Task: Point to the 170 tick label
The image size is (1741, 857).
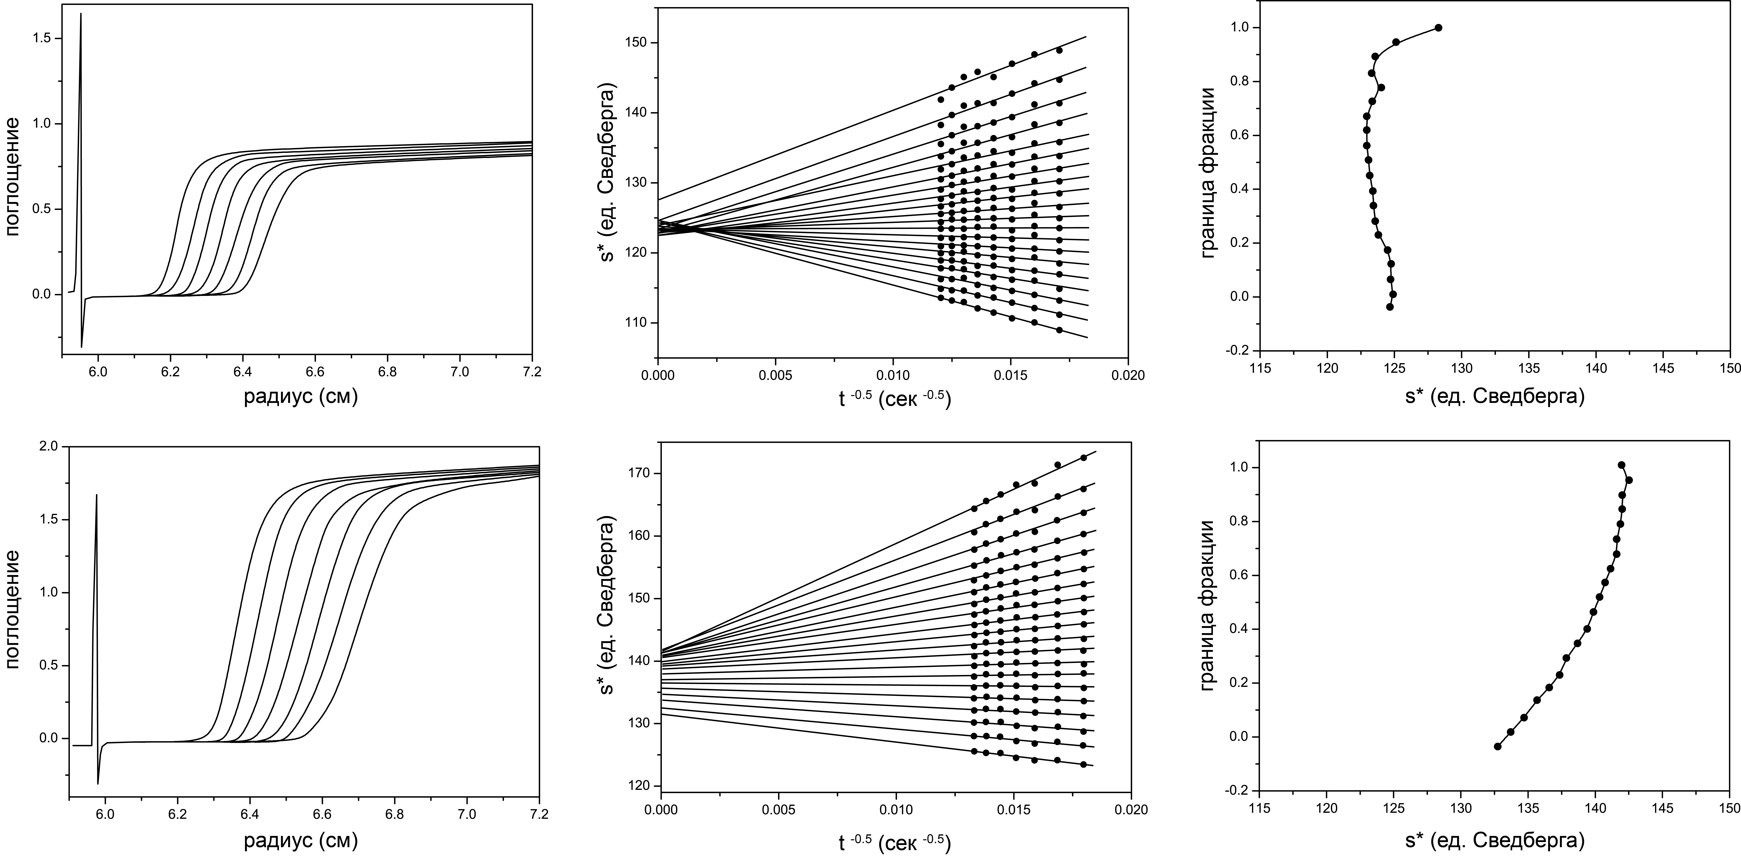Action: (637, 474)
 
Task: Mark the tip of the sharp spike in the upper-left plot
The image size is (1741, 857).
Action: (80, 13)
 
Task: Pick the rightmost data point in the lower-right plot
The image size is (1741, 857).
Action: (1629, 480)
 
